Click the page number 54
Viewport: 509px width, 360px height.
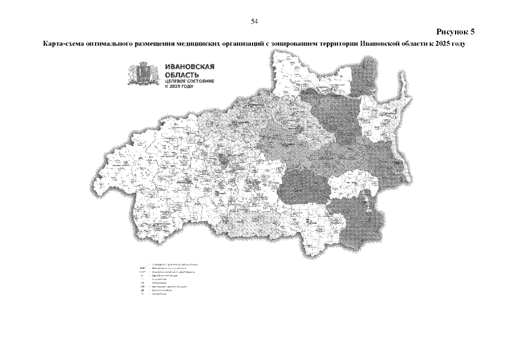pos(254,21)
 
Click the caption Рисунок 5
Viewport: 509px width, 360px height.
pos(456,31)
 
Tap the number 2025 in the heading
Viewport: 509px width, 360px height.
pos(444,43)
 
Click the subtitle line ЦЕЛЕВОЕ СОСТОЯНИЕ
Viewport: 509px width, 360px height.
pos(189,82)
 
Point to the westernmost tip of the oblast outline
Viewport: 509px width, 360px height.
pos(90,183)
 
